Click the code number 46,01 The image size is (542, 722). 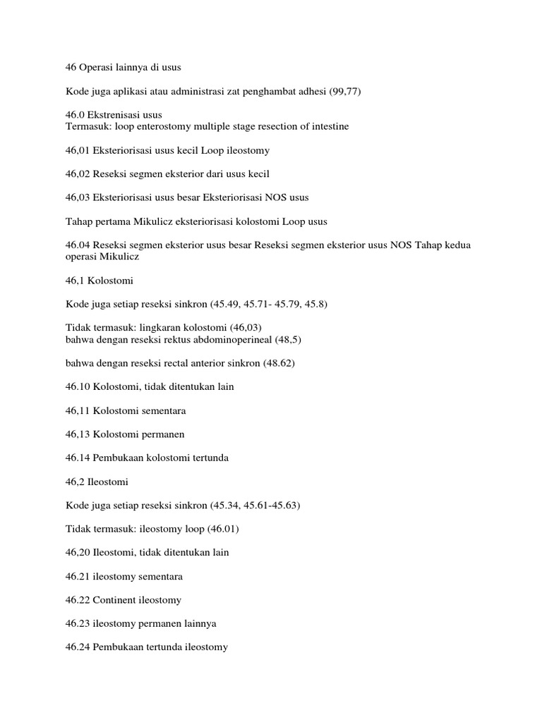[78, 151]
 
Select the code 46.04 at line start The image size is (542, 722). [78, 245]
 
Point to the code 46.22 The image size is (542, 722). [78, 600]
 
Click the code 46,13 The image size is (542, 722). [78, 434]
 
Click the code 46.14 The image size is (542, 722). [78, 458]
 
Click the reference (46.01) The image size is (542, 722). [208, 529]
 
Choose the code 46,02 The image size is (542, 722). [78, 174]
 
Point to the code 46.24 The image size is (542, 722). [78, 647]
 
